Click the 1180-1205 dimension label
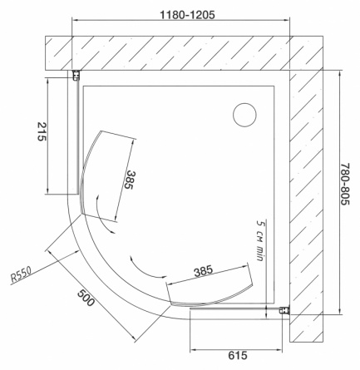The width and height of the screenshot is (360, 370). pyautogui.click(x=187, y=15)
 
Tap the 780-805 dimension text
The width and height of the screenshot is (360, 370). pyautogui.click(x=345, y=185)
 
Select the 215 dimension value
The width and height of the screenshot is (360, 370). pyautogui.click(x=42, y=131)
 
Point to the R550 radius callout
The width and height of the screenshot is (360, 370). pyautogui.click(x=22, y=275)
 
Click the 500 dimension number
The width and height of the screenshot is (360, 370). pyautogui.click(x=86, y=298)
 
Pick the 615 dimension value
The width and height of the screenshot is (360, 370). pyautogui.click(x=238, y=355)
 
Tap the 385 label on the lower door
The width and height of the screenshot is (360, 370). pyautogui.click(x=204, y=271)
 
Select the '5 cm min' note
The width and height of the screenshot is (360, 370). pyautogui.click(x=259, y=240)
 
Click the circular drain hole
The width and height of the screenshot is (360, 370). pyautogui.click(x=244, y=115)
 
